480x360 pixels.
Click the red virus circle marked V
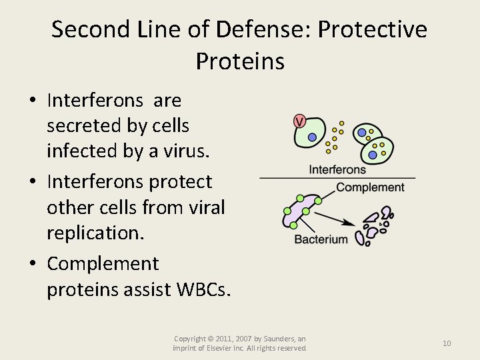[299, 121]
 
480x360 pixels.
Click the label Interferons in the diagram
[337, 169]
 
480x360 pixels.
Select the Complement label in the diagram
[370, 187]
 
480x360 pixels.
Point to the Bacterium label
[321, 239]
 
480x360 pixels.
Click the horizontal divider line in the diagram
[337, 178]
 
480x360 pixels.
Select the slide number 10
[447, 343]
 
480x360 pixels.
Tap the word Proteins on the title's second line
[240, 61]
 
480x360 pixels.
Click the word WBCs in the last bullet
[201, 289]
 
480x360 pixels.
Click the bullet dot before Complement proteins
[33, 265]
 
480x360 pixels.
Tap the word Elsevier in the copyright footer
[225, 348]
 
